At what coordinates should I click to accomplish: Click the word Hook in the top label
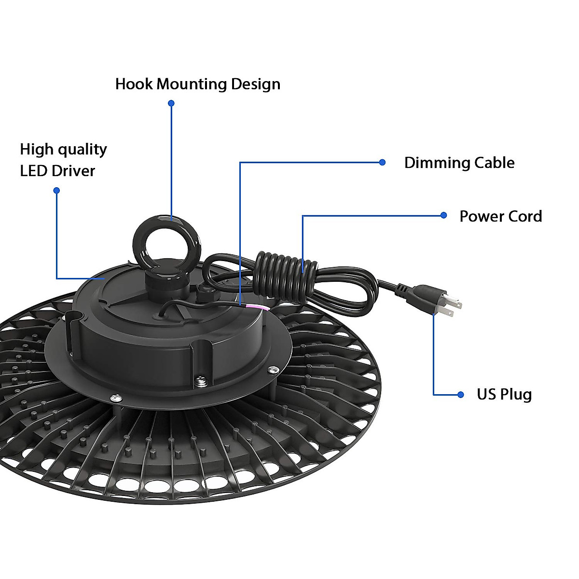pyautogui.click(x=134, y=84)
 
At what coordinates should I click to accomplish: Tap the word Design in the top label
pyautogui.click(x=255, y=85)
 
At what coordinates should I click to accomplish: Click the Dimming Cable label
pyautogui.click(x=459, y=163)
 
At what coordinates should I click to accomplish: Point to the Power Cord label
pyautogui.click(x=500, y=216)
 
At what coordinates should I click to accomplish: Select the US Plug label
pyautogui.click(x=504, y=394)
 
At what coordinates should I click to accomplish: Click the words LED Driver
pyautogui.click(x=57, y=171)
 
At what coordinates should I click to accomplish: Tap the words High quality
pyautogui.click(x=63, y=150)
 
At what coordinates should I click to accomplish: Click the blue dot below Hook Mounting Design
pyautogui.click(x=171, y=103)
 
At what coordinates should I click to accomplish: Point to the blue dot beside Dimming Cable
pyautogui.click(x=382, y=163)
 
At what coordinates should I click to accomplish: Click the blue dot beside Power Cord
pyautogui.click(x=444, y=215)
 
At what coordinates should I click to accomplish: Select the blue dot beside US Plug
pyautogui.click(x=460, y=395)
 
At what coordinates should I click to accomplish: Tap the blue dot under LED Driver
pyautogui.click(x=56, y=191)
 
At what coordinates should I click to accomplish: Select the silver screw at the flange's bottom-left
pyautogui.click(x=115, y=398)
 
